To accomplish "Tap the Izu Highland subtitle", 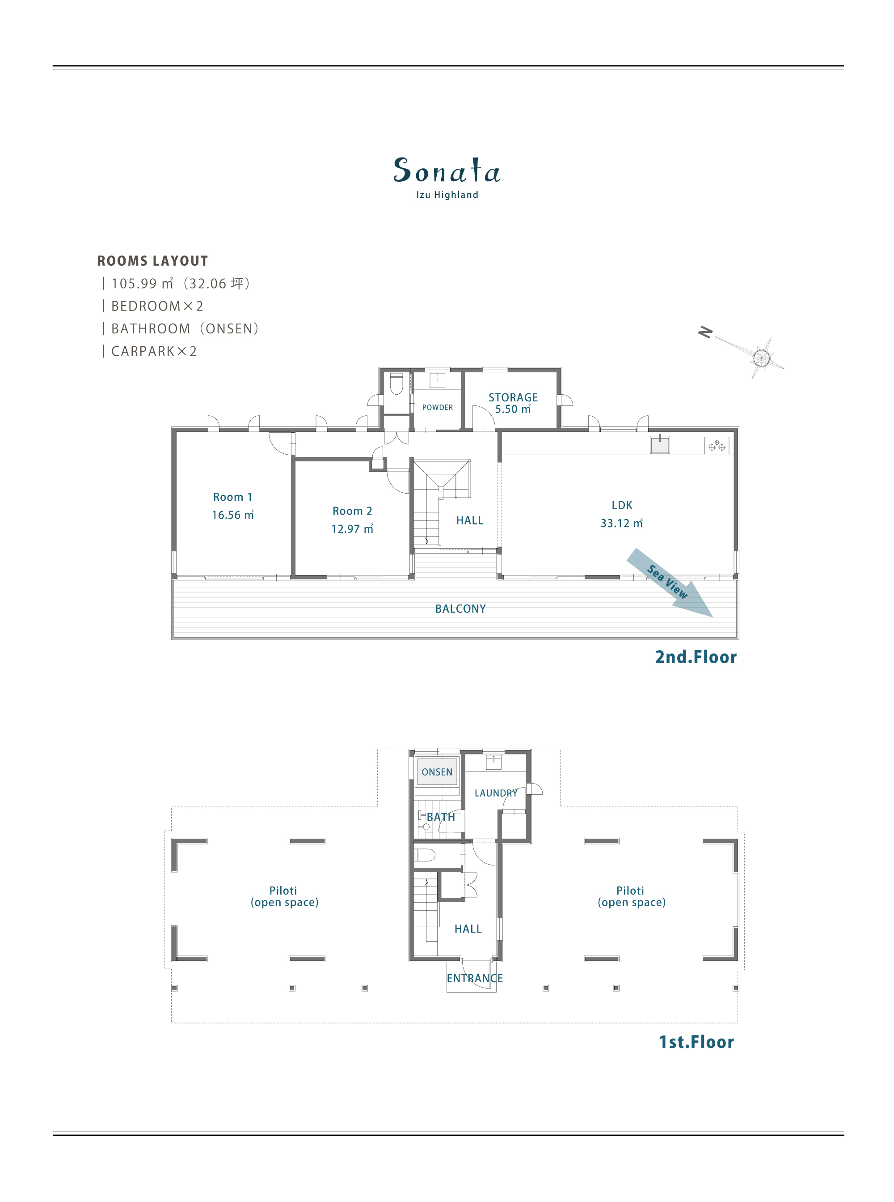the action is (x=447, y=195).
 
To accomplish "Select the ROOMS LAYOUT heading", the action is (x=152, y=261).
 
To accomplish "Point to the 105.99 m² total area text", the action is (x=142, y=283).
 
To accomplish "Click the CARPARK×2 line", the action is (x=154, y=352).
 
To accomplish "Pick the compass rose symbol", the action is (x=761, y=358).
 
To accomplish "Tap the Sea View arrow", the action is (x=670, y=583).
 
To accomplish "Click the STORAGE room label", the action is (x=513, y=397).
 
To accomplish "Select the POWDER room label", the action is (x=437, y=407).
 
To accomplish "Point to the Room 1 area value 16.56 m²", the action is (x=233, y=515).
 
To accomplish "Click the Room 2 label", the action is (x=352, y=511).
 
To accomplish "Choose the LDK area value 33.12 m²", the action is (x=621, y=523).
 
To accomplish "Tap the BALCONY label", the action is (x=460, y=609).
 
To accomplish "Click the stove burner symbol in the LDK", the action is (x=717, y=445).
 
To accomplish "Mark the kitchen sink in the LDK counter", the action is (x=660, y=444).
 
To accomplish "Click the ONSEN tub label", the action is (x=437, y=772).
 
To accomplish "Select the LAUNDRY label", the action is (x=496, y=793).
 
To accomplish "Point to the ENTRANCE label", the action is (x=475, y=978).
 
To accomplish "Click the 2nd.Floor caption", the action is (x=696, y=657).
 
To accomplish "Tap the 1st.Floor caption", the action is (x=696, y=1042).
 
